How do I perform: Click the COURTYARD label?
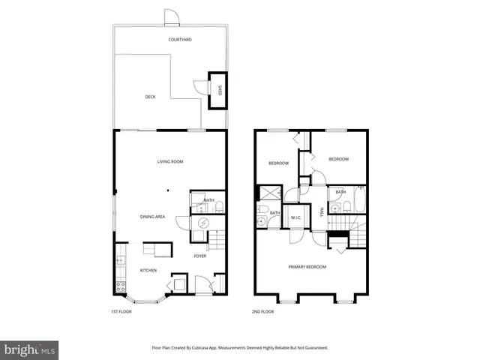180,39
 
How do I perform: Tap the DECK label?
151,97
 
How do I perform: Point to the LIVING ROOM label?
170,161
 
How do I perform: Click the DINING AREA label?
152,217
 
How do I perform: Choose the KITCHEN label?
148,270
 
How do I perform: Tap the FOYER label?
200,256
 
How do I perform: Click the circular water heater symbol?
203,223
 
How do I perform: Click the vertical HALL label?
322,212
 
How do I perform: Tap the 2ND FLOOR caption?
263,311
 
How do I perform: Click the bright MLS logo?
30,349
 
